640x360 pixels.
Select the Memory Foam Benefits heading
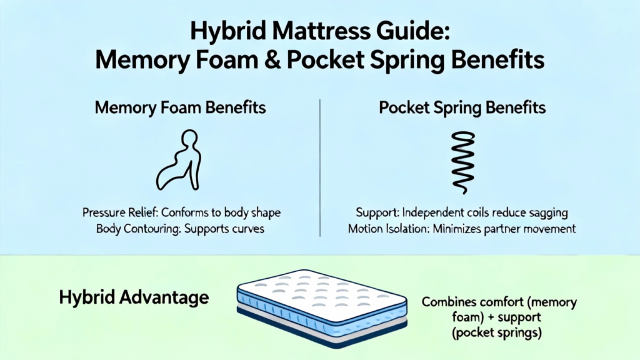180,107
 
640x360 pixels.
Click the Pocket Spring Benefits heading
462,107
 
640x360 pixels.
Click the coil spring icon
463,162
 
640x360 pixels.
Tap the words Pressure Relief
120,212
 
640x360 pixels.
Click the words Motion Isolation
388,229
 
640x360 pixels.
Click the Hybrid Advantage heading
134,297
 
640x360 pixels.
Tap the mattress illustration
322,309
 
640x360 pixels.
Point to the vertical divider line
320,167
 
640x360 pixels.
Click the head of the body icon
190,137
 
